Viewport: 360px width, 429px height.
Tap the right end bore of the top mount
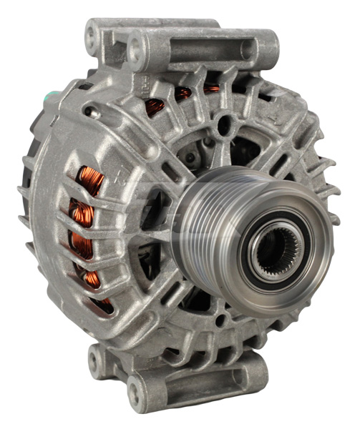point(266,48)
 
